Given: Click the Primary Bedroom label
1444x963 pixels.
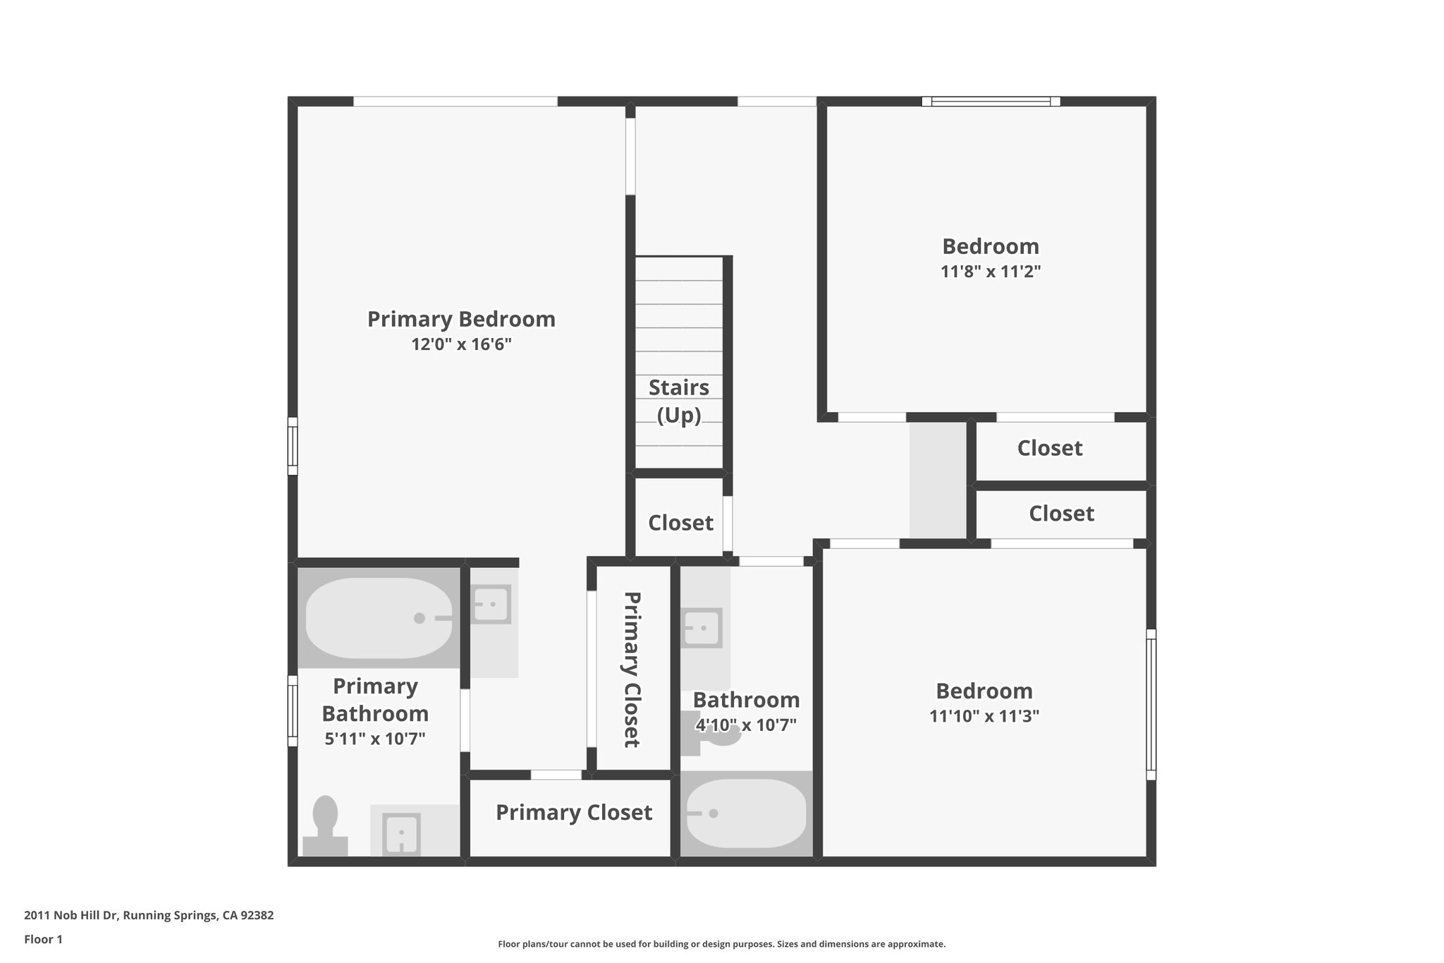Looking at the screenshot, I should pyautogui.click(x=461, y=319).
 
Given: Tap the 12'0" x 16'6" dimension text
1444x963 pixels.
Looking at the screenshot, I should pyautogui.click(x=461, y=344).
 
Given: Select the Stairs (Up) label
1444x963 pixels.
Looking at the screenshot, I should pyautogui.click(x=678, y=401).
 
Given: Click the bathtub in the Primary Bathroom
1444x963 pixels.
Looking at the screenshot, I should pyautogui.click(x=379, y=618).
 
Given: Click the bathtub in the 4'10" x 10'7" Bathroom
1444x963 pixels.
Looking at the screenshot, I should pyautogui.click(x=746, y=813).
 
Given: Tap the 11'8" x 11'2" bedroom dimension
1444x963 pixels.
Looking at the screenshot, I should pyautogui.click(x=990, y=272).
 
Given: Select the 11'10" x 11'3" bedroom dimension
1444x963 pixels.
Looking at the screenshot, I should pyautogui.click(x=984, y=716).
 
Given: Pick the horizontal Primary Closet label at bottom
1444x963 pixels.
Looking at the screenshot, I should pyautogui.click(x=573, y=812).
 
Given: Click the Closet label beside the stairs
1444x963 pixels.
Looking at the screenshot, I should pyautogui.click(x=680, y=523).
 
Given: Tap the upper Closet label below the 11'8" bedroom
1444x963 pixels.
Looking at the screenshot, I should pyautogui.click(x=1049, y=448).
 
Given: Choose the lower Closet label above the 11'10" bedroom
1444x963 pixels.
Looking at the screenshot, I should pyautogui.click(x=1060, y=513).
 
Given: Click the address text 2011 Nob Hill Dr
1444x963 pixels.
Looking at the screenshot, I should pyautogui.click(x=149, y=915).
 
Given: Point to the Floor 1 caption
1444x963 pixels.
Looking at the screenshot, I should pyautogui.click(x=43, y=939).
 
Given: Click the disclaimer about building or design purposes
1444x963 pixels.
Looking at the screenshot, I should pyautogui.click(x=721, y=944).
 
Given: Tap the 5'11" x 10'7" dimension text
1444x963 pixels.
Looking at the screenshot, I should pyautogui.click(x=374, y=739).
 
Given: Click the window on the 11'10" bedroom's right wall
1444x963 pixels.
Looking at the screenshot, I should pyautogui.click(x=1151, y=704).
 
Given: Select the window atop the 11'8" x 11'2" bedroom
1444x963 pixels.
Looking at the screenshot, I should pyautogui.click(x=991, y=102).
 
